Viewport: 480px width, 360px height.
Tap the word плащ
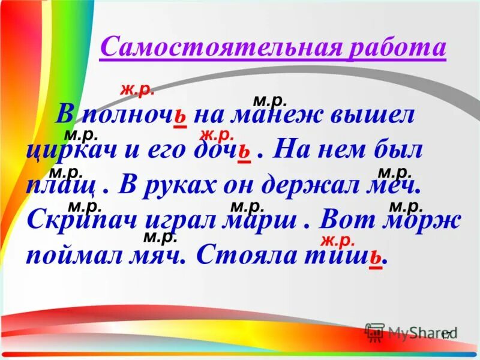point(60,185)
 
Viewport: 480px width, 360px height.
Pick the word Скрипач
point(84,220)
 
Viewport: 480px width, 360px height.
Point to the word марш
point(260,220)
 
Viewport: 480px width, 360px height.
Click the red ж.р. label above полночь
point(137,90)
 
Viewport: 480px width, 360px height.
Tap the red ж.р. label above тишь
point(338,240)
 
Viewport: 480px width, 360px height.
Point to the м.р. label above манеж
point(270,100)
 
